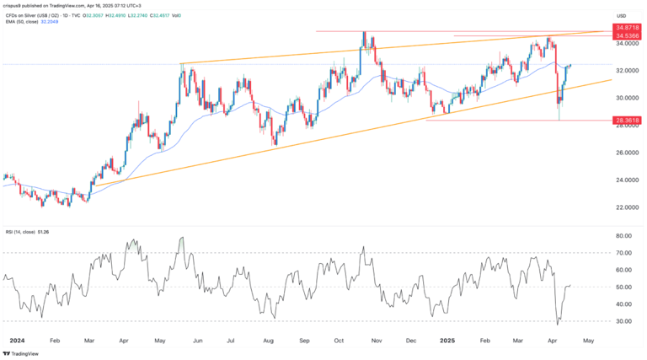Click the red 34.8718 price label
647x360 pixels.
(x=628, y=30)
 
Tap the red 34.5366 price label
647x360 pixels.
(x=628, y=38)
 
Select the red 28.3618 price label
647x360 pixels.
(x=628, y=121)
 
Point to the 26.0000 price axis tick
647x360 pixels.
(x=628, y=153)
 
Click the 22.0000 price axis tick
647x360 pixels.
(x=628, y=207)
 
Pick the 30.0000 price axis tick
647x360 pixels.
(x=628, y=98)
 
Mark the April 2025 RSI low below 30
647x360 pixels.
(x=558, y=323)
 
